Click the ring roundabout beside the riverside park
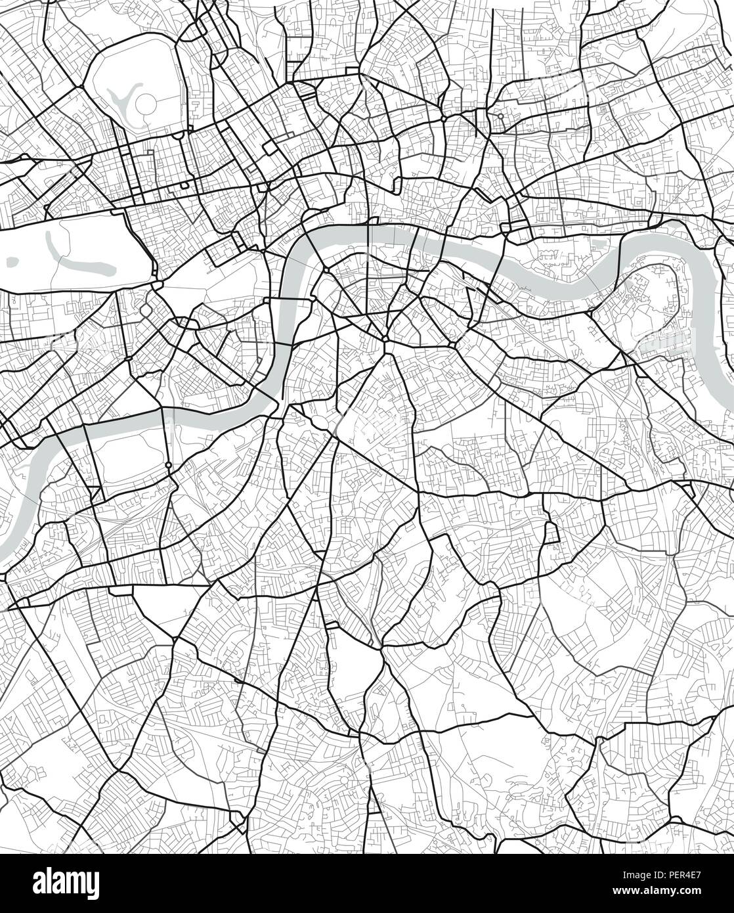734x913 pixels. click(x=169, y=465)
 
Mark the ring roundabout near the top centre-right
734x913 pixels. click(x=500, y=116)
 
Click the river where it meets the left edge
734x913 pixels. click(x=5, y=558)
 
